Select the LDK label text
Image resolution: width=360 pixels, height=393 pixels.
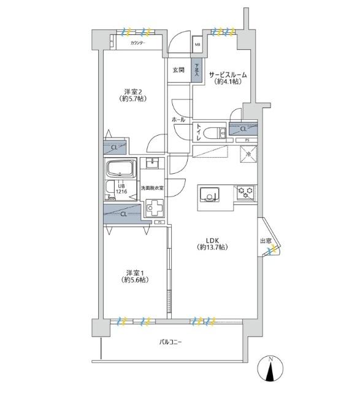tap(212, 243)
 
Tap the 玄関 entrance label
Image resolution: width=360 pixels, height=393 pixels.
tap(178, 69)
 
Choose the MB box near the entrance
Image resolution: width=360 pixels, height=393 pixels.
tap(197, 44)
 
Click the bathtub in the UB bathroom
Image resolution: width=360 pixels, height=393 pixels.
tap(121, 169)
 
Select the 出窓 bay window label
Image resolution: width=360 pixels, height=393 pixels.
tap(266, 241)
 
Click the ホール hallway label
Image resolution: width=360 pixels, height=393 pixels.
tap(178, 119)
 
